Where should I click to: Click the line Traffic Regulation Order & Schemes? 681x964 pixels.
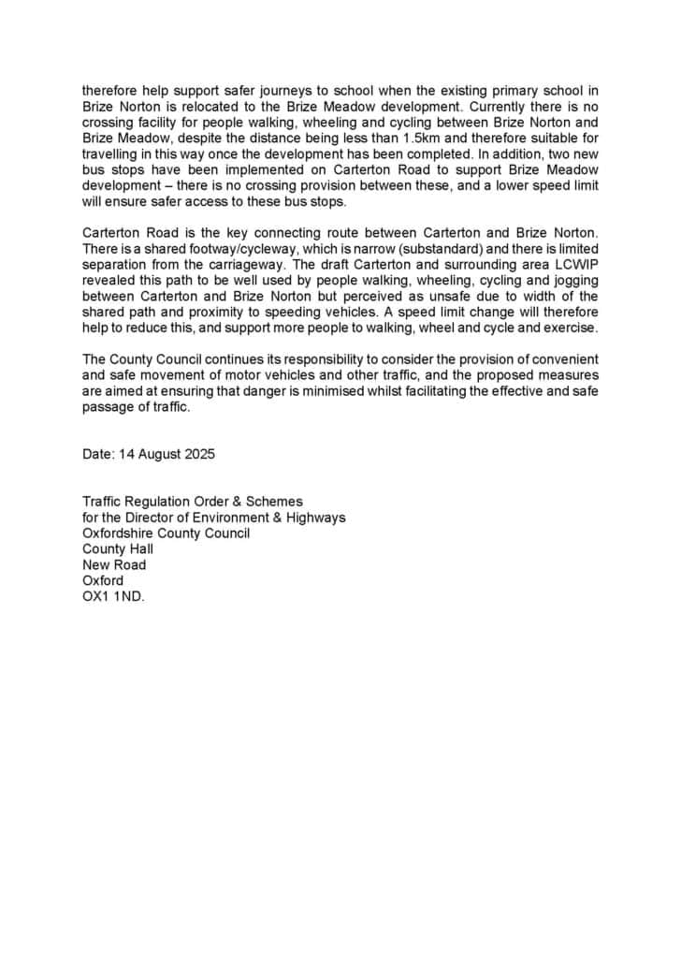[193, 502]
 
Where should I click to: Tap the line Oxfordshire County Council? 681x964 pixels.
[167, 533]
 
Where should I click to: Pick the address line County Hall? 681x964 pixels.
[118, 549]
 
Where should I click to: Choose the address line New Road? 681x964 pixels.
[114, 565]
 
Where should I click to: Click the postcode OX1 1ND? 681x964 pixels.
[114, 596]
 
